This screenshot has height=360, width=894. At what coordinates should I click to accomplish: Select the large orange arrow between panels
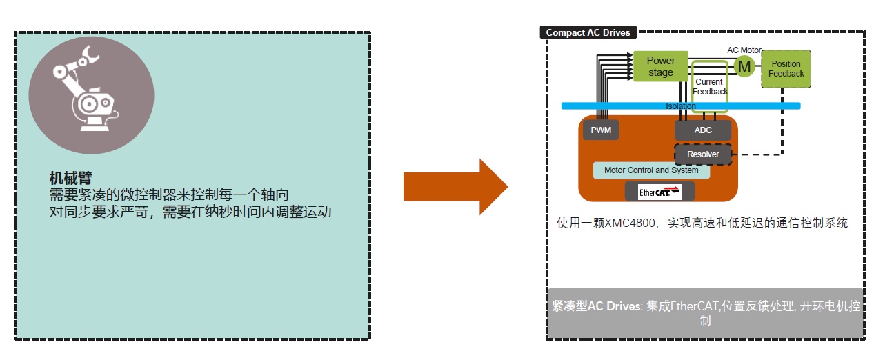[455, 187]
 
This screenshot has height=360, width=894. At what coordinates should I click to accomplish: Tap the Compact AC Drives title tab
[588, 32]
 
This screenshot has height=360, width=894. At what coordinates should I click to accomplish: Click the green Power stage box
[661, 66]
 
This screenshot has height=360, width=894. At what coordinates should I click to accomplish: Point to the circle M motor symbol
[744, 67]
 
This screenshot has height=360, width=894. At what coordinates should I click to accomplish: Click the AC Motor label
[744, 50]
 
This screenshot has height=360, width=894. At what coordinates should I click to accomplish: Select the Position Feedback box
[786, 69]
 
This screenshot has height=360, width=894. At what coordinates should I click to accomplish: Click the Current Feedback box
[710, 86]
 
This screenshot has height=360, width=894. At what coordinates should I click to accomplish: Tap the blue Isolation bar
[680, 106]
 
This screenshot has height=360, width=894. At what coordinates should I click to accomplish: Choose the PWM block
[597, 130]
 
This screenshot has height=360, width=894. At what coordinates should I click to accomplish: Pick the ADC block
[703, 130]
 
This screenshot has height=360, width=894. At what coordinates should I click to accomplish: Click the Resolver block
[703, 154]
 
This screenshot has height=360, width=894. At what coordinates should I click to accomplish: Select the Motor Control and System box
[651, 170]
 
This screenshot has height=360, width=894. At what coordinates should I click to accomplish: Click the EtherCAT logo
[659, 192]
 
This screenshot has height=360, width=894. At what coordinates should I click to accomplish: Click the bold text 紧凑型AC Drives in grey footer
[596, 306]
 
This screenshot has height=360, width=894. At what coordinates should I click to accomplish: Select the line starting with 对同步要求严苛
[190, 212]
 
